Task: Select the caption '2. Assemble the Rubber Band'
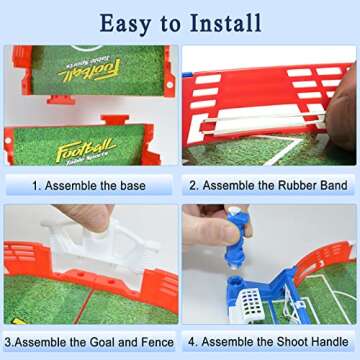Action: tap(270, 185)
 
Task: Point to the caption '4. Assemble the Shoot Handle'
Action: tap(270, 340)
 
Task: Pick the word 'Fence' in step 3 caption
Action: tap(157, 340)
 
